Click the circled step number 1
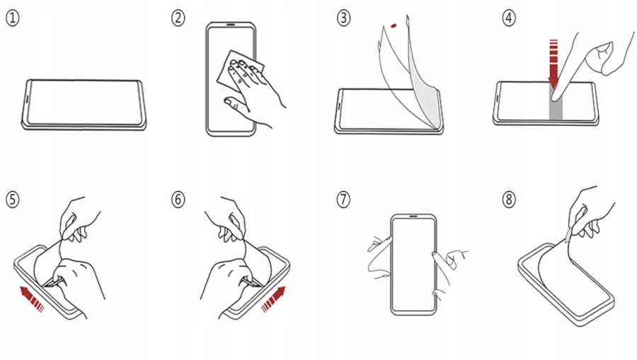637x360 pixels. [x=13, y=18]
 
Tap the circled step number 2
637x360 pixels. [x=178, y=18]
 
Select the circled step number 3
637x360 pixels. [x=344, y=18]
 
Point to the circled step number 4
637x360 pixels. [x=509, y=18]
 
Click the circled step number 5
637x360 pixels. [x=13, y=199]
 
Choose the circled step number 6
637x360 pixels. [x=178, y=199]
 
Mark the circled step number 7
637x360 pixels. [x=344, y=199]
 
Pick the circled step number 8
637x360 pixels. [x=509, y=199]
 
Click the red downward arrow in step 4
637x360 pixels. [x=553, y=64]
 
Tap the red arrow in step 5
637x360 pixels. [x=31, y=298]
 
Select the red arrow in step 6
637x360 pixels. [x=274, y=298]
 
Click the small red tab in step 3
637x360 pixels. [x=394, y=26]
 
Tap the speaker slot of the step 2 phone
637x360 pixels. [x=231, y=25]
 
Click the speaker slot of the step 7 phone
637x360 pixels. [x=413, y=216]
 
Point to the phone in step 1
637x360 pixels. [x=84, y=105]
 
